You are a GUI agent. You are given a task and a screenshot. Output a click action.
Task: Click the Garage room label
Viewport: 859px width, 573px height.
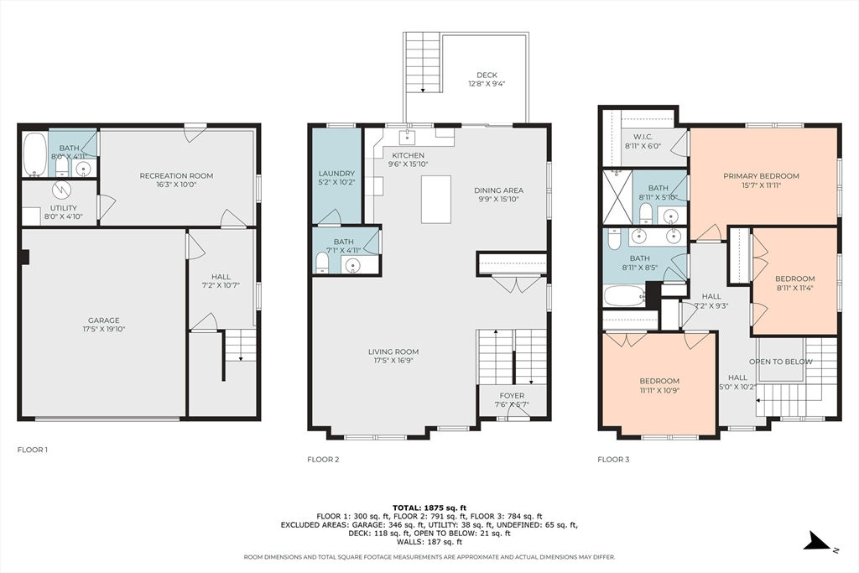point(103,320)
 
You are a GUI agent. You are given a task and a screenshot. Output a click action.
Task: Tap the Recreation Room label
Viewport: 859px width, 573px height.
point(176,176)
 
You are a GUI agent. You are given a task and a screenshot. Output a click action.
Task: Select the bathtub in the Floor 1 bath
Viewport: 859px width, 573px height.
point(35,154)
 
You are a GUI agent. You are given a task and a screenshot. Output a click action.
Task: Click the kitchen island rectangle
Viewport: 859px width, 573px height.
point(436,200)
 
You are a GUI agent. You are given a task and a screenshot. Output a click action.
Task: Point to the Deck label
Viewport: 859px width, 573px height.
point(487,75)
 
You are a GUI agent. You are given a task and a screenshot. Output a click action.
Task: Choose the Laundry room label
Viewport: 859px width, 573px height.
point(337,173)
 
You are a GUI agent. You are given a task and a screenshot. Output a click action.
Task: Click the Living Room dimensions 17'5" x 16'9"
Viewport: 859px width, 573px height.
point(393,361)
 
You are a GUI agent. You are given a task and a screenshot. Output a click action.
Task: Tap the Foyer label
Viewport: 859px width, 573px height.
point(513,395)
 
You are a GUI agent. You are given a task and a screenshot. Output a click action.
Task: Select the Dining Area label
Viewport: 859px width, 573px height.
point(498,190)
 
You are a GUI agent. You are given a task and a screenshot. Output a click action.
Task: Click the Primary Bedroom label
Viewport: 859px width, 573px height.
point(761,176)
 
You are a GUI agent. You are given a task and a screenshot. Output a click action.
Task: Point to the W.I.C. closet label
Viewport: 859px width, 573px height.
point(643,137)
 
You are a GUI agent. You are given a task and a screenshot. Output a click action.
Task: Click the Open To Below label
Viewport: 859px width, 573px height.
point(781,362)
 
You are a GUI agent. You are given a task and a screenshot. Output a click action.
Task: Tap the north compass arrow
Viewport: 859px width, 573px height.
point(817,540)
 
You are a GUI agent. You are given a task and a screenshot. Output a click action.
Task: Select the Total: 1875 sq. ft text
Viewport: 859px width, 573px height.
point(429,508)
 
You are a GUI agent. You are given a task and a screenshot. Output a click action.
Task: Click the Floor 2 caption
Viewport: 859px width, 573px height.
point(323,459)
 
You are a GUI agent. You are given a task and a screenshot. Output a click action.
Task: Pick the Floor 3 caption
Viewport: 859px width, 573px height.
point(613,459)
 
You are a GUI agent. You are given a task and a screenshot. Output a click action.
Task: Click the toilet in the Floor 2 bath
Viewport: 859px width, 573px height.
point(322,263)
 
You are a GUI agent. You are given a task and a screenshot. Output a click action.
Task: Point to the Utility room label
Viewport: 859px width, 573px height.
point(64,208)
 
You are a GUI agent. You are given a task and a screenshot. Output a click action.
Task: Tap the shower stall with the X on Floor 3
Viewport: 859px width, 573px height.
point(617,197)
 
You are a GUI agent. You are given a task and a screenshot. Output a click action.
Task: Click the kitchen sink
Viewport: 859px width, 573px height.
point(409,136)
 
